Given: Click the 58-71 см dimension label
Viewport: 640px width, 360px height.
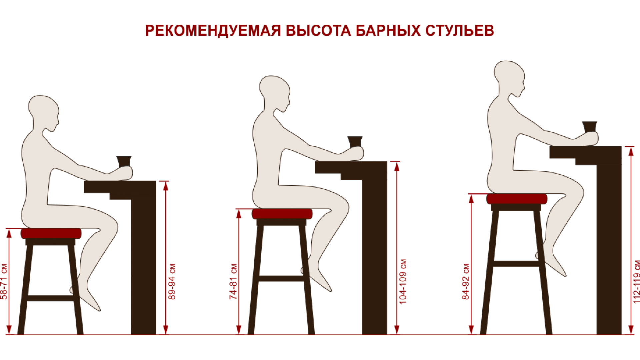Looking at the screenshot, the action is pyautogui.click(x=4, y=282).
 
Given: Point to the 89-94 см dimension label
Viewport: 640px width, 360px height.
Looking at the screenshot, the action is pyautogui.click(x=172, y=282).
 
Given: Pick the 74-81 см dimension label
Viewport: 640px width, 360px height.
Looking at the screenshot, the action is pyautogui.click(x=233, y=282).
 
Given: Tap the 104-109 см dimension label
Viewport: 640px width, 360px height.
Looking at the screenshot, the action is pyautogui.click(x=403, y=282).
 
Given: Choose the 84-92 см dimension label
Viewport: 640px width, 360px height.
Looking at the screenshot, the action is pyautogui.click(x=466, y=282).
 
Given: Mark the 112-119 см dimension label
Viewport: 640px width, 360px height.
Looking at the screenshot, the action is pyautogui.click(x=636, y=282).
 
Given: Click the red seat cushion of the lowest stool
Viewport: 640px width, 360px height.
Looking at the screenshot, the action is pyautogui.click(x=51, y=233).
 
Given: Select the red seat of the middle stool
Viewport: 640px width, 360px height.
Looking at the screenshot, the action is pyautogui.click(x=282, y=214).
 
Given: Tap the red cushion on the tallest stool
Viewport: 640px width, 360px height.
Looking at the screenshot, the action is pyautogui.click(x=517, y=199).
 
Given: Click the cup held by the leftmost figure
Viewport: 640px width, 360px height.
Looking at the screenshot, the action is pyautogui.click(x=124, y=161).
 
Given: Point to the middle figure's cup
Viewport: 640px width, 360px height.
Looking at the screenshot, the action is pyautogui.click(x=355, y=142).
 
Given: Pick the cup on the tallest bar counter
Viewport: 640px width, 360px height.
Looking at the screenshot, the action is pyautogui.click(x=590, y=127).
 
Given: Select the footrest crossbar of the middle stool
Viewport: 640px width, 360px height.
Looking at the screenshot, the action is pyautogui.click(x=281, y=278).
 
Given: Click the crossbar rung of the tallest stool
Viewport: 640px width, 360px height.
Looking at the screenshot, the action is pyautogui.click(x=516, y=264).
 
